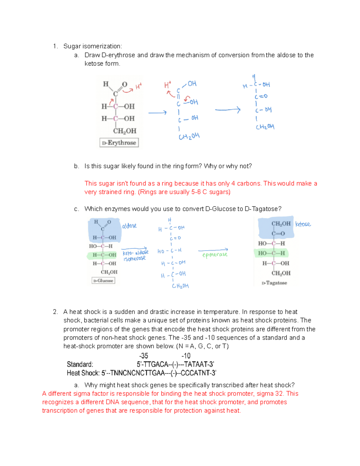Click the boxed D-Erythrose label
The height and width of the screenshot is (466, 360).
click(119, 143)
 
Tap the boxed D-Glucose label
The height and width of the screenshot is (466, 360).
click(103, 281)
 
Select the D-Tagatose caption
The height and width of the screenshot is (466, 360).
click(274, 283)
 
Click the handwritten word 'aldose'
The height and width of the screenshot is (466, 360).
click(129, 226)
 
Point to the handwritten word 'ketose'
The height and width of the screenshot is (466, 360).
click(303, 224)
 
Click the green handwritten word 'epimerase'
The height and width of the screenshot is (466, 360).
click(215, 255)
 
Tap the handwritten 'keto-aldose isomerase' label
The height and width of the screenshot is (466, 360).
click(135, 255)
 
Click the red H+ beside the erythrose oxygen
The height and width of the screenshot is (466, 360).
click(138, 87)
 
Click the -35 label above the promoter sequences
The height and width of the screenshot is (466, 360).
click(144, 356)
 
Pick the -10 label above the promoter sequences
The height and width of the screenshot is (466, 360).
click(186, 356)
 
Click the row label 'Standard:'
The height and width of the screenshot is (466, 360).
click(80, 364)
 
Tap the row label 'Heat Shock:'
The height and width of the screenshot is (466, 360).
click(83, 373)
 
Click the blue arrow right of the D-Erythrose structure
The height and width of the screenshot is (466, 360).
click(157, 113)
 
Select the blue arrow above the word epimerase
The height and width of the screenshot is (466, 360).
click(213, 250)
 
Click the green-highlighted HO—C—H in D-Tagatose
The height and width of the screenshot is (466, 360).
click(271, 253)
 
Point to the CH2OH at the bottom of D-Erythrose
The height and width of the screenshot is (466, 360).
click(124, 131)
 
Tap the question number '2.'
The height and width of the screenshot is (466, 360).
click(55, 312)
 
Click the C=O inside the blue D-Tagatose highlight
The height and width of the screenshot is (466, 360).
click(278, 233)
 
